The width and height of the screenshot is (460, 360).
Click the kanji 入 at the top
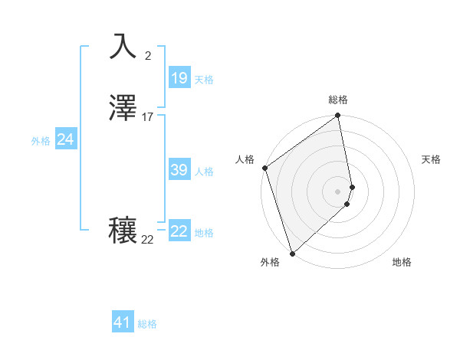[x=123, y=46]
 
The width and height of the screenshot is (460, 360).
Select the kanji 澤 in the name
[x=123, y=109]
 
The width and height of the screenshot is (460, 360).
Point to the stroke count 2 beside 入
[x=148, y=55]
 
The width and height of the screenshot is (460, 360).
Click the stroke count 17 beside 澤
[x=148, y=117]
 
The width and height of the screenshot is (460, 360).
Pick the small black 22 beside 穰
[x=148, y=240]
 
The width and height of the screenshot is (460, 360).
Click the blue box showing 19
[x=179, y=77]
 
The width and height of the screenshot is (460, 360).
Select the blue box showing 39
[x=179, y=170]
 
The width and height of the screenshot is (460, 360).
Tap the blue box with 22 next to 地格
[x=179, y=231]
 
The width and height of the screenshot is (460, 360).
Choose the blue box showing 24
[x=66, y=139]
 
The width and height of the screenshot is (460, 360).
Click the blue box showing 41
[x=123, y=322]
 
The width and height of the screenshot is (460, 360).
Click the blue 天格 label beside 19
[x=204, y=79]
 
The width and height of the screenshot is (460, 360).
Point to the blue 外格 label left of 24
[x=41, y=141]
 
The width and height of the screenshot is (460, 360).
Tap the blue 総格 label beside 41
[x=147, y=324]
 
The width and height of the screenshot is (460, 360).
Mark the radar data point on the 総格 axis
[x=337, y=116]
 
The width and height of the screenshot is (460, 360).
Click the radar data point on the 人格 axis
[x=264, y=168]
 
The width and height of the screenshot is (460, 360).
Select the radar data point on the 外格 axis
[x=291, y=253]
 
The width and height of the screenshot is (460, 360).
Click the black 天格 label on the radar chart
[x=431, y=159]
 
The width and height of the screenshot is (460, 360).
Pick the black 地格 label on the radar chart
[x=402, y=263]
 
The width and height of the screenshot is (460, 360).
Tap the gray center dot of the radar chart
[x=337, y=191]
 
